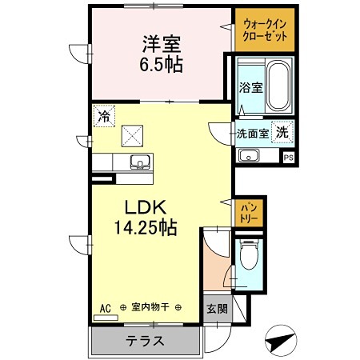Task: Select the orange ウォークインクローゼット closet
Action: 264,30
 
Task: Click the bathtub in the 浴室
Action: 278,83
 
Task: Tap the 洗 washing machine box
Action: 282,132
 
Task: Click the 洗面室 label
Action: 252,134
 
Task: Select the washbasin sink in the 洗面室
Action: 248,155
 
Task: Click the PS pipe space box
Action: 288,158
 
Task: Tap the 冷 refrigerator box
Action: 103,115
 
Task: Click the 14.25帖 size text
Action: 145,228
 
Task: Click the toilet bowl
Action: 249,257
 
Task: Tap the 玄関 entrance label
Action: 217,309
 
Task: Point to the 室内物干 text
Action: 150,307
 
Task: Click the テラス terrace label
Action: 144,340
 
